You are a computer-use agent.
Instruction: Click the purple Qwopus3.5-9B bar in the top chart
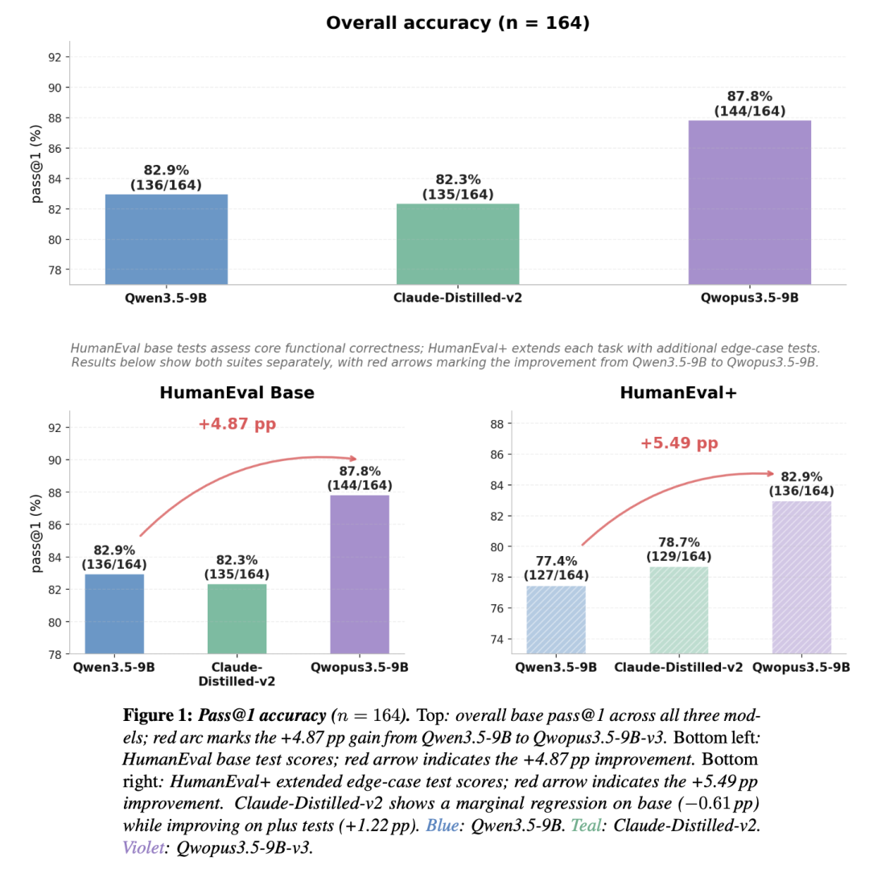[749, 202]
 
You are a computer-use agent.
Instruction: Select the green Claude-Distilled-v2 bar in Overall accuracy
[458, 243]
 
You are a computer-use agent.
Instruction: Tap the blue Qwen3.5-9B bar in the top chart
[166, 239]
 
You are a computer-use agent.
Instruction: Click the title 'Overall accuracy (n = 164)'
[458, 23]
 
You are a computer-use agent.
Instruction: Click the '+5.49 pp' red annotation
[678, 443]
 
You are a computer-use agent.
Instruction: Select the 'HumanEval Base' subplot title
[237, 393]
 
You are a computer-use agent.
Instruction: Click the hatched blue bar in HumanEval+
[556, 620]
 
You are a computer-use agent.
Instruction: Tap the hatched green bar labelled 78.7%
[678, 610]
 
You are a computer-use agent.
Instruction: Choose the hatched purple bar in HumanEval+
[801, 577]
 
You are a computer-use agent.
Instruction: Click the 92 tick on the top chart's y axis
[57, 57]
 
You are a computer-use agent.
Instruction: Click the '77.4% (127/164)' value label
[556, 568]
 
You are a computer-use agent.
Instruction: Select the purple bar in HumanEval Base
[360, 574]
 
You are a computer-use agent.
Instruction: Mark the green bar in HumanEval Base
[237, 619]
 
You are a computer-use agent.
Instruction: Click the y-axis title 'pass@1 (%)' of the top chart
[36, 163]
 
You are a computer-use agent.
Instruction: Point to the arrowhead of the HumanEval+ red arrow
[771, 474]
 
